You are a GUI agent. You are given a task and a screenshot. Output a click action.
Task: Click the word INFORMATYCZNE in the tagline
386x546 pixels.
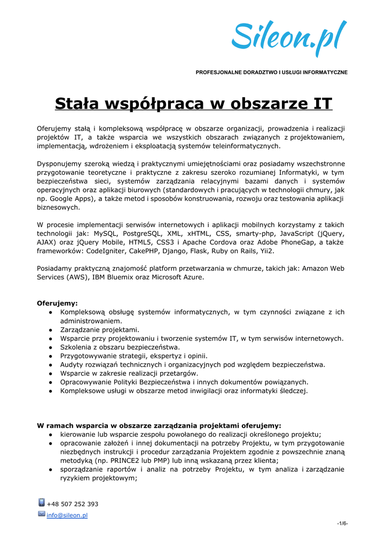pos(321,72)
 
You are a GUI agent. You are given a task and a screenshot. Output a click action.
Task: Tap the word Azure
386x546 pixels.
pos(192,277)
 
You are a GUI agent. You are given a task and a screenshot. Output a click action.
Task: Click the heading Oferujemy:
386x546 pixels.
pos(57,303)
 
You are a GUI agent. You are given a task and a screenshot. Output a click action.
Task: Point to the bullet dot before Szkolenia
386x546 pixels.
pos(50,347)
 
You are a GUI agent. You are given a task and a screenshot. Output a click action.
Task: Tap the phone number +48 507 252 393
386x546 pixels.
pos(73,504)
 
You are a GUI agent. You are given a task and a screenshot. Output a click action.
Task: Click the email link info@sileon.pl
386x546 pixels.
pos(67,515)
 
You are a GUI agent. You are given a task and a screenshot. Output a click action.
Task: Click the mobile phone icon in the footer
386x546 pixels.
pos(41,503)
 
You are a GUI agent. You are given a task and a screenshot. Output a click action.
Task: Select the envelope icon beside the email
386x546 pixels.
pos(41,514)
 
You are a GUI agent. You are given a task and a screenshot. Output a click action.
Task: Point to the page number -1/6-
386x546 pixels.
pos(342,524)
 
